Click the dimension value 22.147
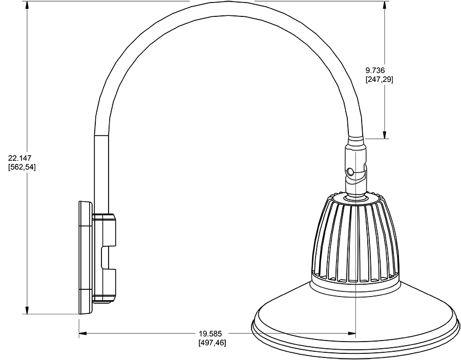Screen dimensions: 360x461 click(x=19, y=158)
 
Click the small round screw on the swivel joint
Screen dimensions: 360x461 click(x=350, y=172)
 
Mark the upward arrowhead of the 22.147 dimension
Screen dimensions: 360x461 click(x=26, y=6)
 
